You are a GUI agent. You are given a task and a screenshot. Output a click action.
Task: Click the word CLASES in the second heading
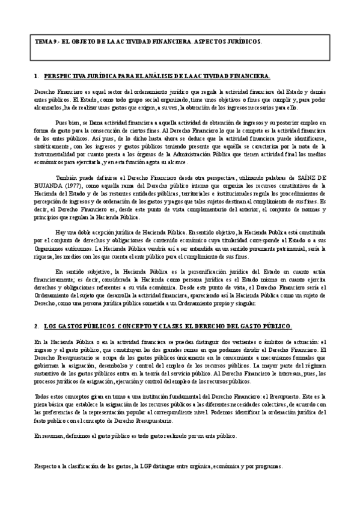[158, 327]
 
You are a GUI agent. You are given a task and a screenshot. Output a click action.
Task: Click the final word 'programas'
[266, 467]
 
